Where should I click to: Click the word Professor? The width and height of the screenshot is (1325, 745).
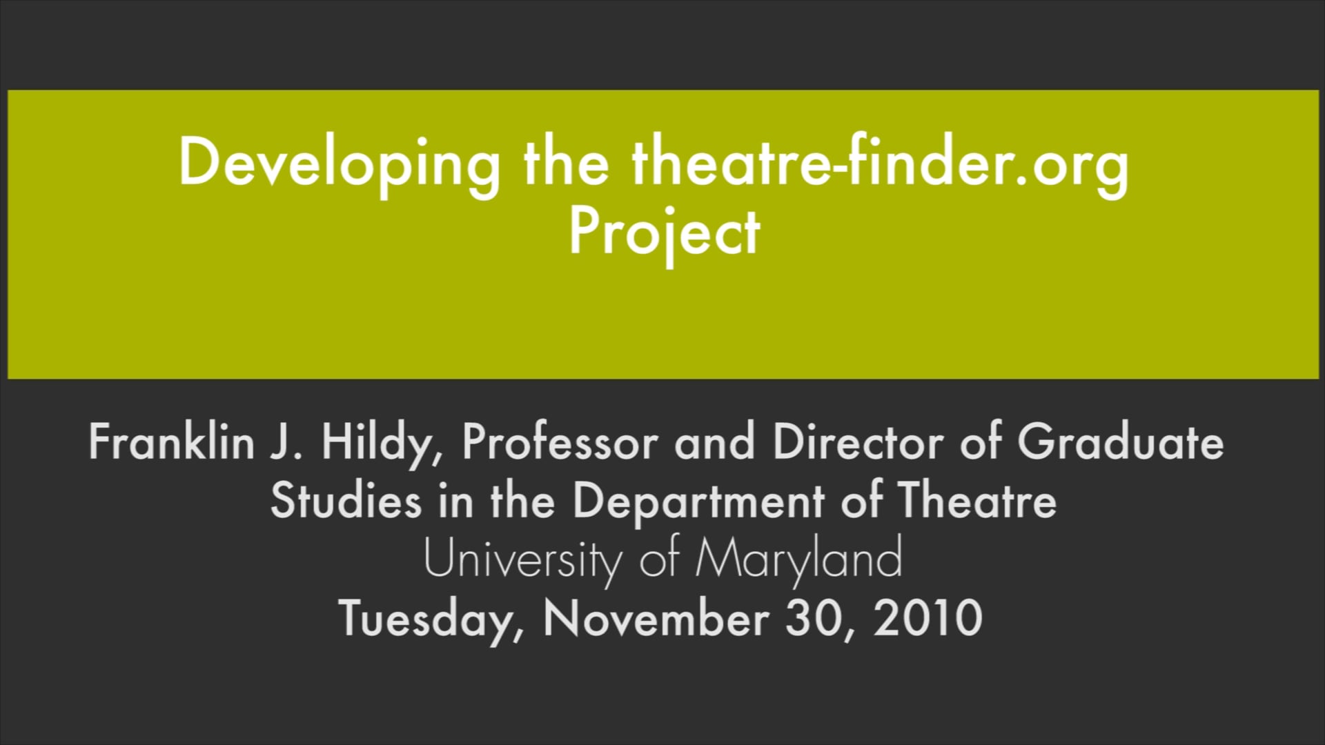[x=560, y=442]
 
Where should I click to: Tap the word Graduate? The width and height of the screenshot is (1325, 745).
[x=1120, y=442]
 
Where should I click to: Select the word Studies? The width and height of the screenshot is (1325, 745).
[x=345, y=500]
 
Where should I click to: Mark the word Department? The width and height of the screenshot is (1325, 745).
[x=698, y=500]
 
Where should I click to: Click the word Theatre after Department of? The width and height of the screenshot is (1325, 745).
[x=976, y=500]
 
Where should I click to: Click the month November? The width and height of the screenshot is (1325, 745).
[x=656, y=618]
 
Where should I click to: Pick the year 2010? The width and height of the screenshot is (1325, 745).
[x=927, y=618]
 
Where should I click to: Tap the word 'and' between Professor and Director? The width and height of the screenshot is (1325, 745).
[x=714, y=442]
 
